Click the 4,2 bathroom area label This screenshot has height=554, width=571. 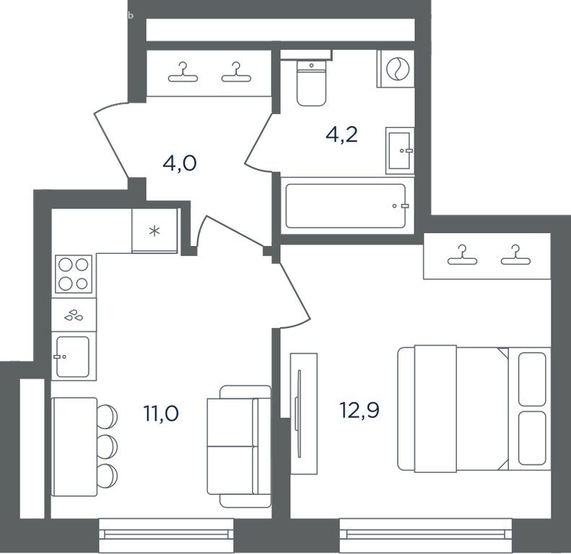341,135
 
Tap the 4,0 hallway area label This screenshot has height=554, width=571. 180,163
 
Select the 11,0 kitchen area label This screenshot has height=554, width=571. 161,413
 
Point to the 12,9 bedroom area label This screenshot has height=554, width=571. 359,410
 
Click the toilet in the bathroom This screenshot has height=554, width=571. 311,83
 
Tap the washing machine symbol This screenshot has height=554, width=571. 398,69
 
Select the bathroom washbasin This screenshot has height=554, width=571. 400,151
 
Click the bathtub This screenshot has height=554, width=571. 346,206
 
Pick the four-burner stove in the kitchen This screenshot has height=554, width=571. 74,274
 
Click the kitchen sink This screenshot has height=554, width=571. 73,357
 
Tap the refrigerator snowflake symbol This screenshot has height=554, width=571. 154,231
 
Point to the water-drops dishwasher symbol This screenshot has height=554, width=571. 74,315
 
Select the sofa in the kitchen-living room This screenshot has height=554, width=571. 239,447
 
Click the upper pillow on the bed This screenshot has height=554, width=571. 532,379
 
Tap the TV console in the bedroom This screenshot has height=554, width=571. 304,413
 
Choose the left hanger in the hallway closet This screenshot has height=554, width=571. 183,72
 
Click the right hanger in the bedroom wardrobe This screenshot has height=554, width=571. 515,255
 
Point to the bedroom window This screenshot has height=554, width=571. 426,535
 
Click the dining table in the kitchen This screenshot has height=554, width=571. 74,447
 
